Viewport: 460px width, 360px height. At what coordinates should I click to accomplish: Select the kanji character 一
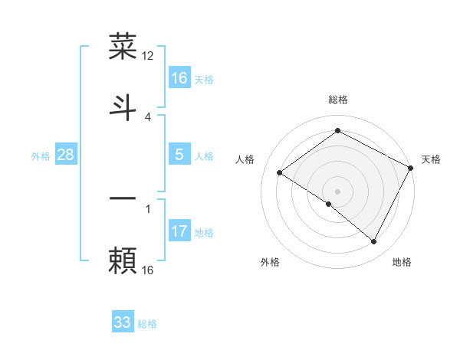point(123,198)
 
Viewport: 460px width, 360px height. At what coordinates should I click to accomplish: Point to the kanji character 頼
point(123,260)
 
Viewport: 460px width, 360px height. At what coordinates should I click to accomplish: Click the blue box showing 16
point(179,78)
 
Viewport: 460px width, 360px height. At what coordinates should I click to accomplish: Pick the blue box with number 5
point(179,155)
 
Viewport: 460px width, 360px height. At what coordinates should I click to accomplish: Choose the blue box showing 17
point(179,231)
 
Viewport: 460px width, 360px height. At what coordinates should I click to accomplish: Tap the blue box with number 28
point(66,155)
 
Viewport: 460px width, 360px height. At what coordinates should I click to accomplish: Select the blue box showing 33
point(123,322)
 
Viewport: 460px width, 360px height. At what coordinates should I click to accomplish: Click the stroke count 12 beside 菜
point(148,55)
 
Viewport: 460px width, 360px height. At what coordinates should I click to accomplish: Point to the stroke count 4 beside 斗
point(148,116)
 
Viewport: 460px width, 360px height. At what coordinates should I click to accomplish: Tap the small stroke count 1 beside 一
point(148,208)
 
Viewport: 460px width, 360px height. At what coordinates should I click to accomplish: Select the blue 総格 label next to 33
point(147,324)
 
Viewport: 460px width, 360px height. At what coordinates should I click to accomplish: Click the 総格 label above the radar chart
point(338,100)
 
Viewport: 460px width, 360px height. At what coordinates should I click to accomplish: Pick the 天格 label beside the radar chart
point(432,159)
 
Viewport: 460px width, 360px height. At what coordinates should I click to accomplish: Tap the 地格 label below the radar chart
point(402,262)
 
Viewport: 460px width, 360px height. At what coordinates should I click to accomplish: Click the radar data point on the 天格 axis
point(411,168)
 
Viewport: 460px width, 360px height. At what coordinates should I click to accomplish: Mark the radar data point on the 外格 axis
point(329,204)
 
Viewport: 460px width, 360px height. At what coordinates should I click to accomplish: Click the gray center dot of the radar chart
point(338,191)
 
